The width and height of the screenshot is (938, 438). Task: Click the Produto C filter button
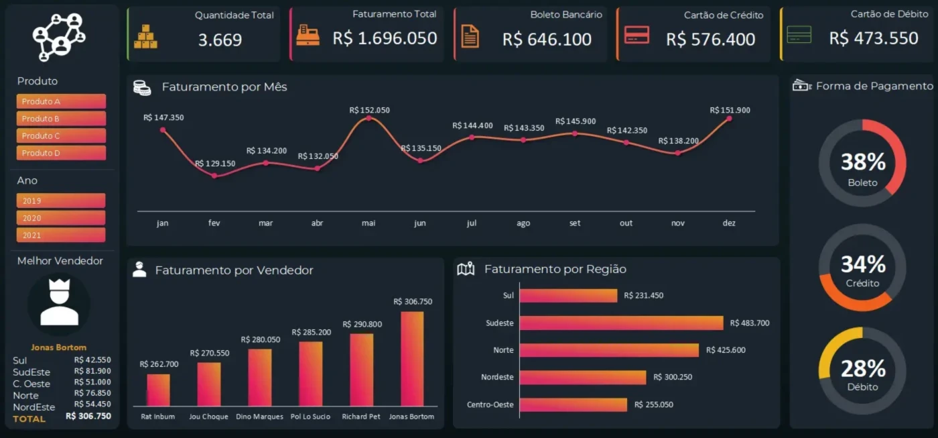pyautogui.click(x=61, y=135)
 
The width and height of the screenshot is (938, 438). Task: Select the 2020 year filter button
pyautogui.click(x=61, y=218)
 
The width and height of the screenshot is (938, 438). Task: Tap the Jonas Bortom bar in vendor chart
pyautogui.click(x=411, y=359)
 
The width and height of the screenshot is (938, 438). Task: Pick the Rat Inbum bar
pyautogui.click(x=158, y=390)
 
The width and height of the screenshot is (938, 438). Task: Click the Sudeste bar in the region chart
pyautogui.click(x=621, y=323)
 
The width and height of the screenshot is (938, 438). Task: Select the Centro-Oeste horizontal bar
pyautogui.click(x=573, y=404)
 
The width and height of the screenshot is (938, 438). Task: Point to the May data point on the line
pyautogui.click(x=368, y=119)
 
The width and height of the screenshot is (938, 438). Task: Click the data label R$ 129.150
pyautogui.click(x=215, y=163)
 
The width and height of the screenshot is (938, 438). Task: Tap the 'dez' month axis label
pyautogui.click(x=729, y=223)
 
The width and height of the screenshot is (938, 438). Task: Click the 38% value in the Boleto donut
pyautogui.click(x=863, y=162)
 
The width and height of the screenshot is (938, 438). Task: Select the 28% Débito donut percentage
pyautogui.click(x=863, y=368)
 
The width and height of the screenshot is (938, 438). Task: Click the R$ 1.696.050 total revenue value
pyautogui.click(x=385, y=38)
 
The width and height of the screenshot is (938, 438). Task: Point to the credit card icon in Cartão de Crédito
pyautogui.click(x=636, y=35)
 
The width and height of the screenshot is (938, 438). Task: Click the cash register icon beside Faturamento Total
pyautogui.click(x=308, y=36)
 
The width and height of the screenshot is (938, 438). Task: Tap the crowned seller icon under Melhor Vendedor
pyautogui.click(x=59, y=303)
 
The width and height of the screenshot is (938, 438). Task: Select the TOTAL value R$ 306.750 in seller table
pyautogui.click(x=88, y=416)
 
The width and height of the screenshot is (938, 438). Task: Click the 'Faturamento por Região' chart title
pyautogui.click(x=555, y=269)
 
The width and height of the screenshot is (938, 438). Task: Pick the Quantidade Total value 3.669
pyautogui.click(x=220, y=40)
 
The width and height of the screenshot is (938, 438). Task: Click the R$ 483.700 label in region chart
pyautogui.click(x=750, y=323)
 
